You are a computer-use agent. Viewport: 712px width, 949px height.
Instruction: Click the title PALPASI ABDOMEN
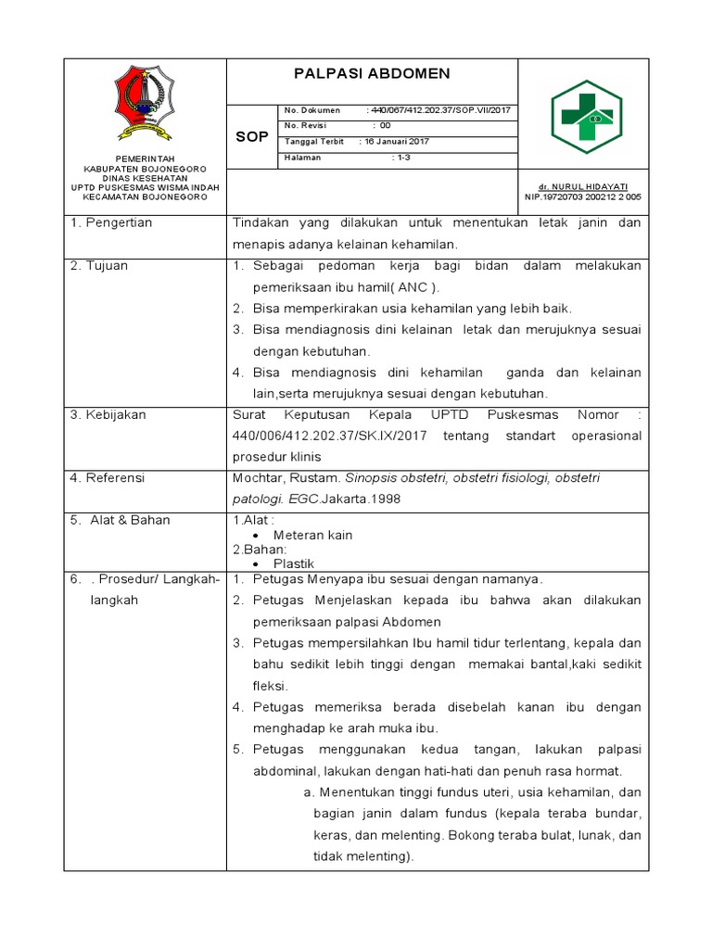click(x=372, y=74)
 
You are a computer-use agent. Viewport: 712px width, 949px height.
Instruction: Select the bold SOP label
click(x=251, y=136)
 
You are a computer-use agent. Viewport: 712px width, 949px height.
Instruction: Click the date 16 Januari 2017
click(x=397, y=142)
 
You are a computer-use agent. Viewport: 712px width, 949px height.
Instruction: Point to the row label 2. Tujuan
click(x=99, y=266)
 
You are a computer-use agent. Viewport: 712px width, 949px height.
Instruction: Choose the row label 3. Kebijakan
click(x=108, y=415)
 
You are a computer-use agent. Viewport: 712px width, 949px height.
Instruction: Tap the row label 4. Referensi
click(x=109, y=478)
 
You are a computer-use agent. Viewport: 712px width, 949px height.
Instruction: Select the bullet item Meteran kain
click(x=312, y=536)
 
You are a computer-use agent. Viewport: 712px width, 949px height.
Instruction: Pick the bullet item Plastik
click(x=294, y=563)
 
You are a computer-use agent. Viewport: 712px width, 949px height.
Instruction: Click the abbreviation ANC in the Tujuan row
click(x=405, y=287)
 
